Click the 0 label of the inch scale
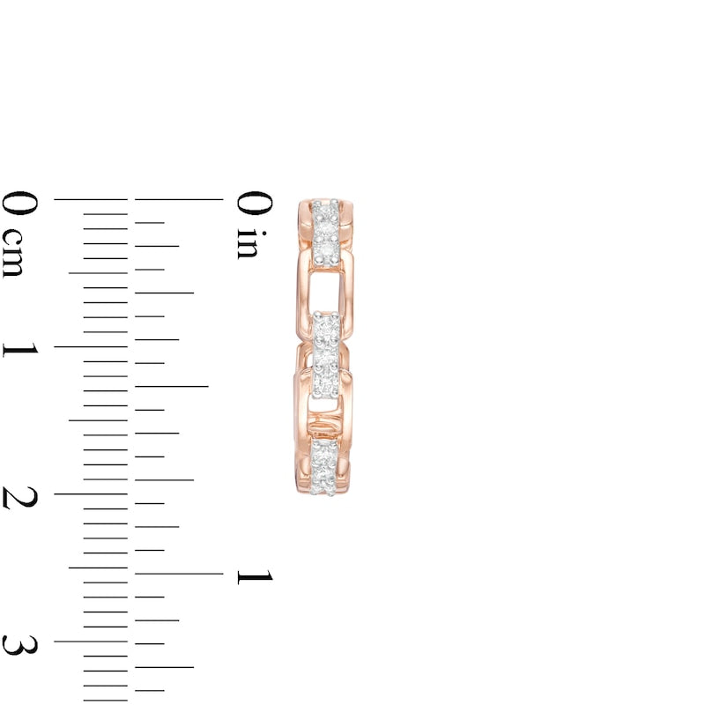click(254, 204)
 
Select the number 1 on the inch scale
click(254, 576)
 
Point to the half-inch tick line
click(172, 386)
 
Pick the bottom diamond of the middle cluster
click(324, 384)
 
